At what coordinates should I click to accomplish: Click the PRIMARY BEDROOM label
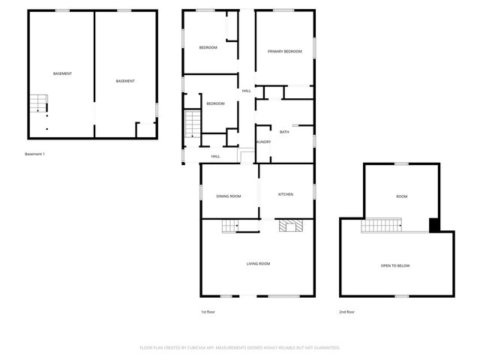tap(285, 51)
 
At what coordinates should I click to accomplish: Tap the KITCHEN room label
tap(286, 194)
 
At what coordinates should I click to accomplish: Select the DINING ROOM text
tap(229, 196)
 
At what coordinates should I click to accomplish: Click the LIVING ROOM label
tap(259, 263)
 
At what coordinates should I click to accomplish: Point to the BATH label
tap(284, 132)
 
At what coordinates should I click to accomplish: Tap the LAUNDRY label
tap(262, 142)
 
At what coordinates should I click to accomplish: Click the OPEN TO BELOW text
tap(395, 266)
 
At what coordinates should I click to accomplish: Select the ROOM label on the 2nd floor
tap(402, 196)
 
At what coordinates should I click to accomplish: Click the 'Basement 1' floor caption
tap(35, 154)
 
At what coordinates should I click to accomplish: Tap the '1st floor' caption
tap(208, 311)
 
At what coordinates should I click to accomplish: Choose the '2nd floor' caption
tap(346, 311)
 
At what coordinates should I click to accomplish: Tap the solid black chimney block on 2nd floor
tap(433, 224)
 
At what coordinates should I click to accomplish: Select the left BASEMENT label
tap(62, 73)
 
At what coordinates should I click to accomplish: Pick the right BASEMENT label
tap(125, 81)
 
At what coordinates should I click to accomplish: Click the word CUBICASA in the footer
tap(196, 348)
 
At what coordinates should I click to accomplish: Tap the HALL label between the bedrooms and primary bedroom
tap(246, 91)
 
